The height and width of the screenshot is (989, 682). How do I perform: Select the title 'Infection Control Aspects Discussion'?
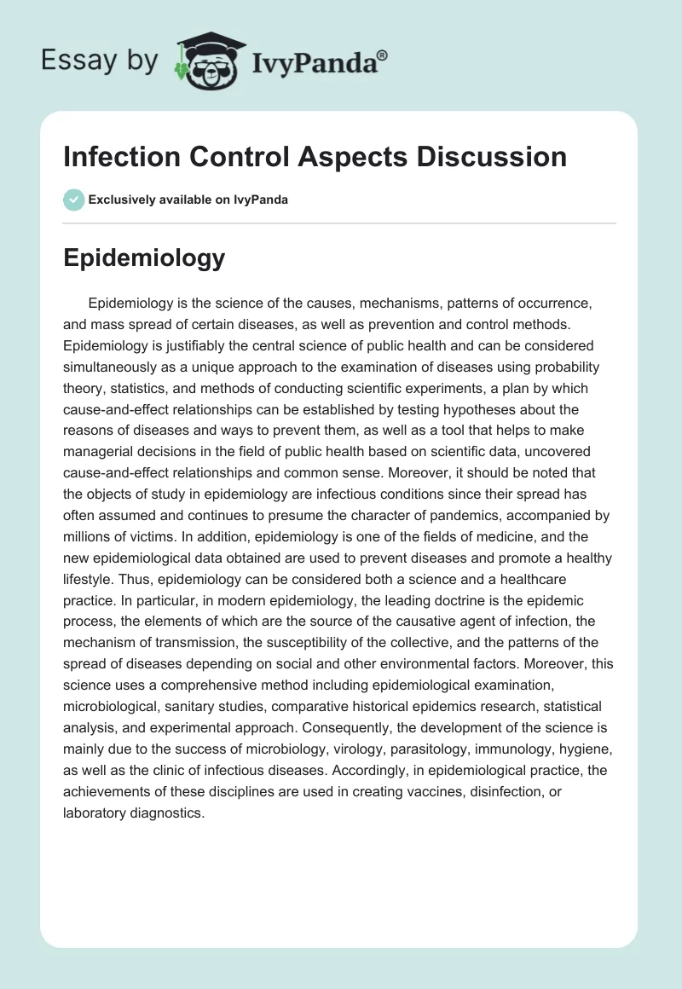[x=315, y=157]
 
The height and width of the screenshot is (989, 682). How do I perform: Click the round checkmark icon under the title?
[x=73, y=200]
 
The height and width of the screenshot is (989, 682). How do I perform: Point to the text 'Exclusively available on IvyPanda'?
[x=188, y=200]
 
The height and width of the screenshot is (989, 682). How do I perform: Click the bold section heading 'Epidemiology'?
[x=144, y=258]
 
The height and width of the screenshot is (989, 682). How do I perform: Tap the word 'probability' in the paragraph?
[x=564, y=367]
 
